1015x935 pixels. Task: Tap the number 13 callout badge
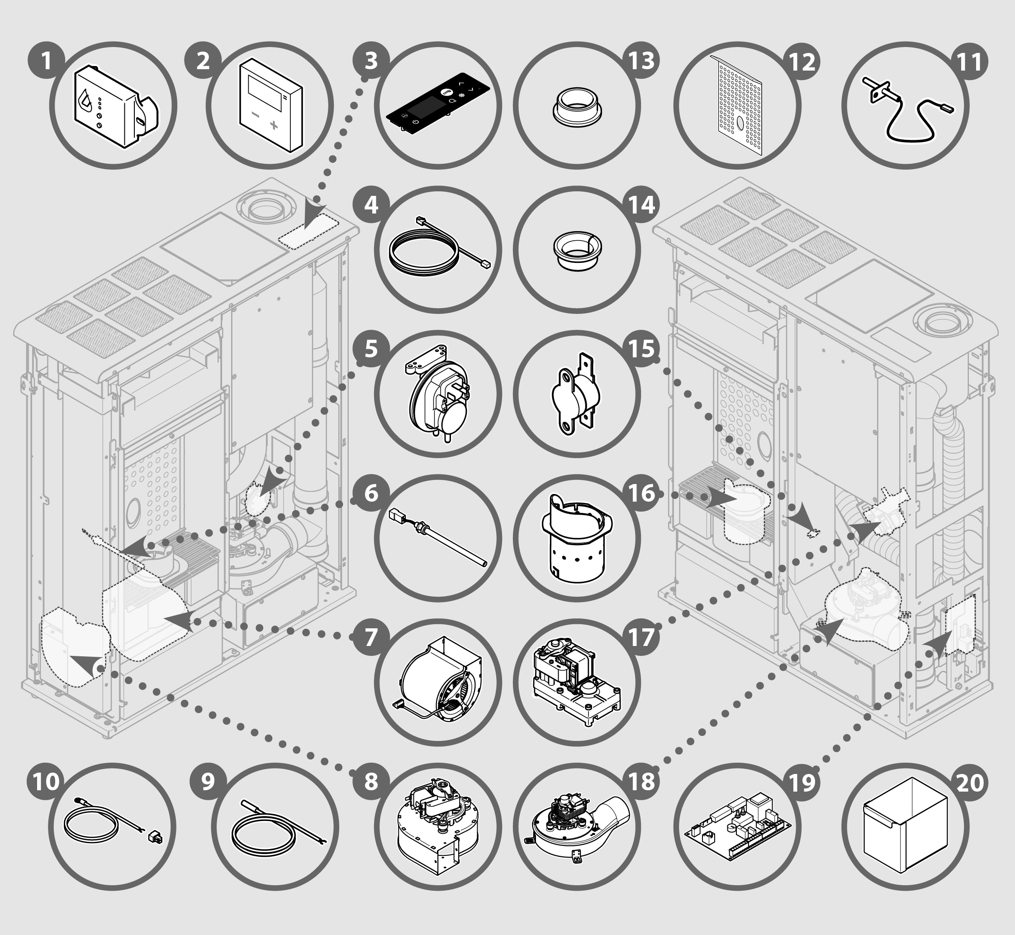(x=641, y=60)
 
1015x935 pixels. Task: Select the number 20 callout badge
(x=970, y=782)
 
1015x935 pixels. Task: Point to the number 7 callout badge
(x=371, y=637)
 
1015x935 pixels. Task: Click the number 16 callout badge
(x=641, y=493)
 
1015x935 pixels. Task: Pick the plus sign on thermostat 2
(x=274, y=124)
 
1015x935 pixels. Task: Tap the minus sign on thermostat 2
(x=256, y=115)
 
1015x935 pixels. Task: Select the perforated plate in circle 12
(x=736, y=105)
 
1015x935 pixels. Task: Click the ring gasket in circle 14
(x=577, y=249)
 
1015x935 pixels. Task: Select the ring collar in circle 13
(x=577, y=105)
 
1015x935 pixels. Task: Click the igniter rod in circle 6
(x=438, y=537)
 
